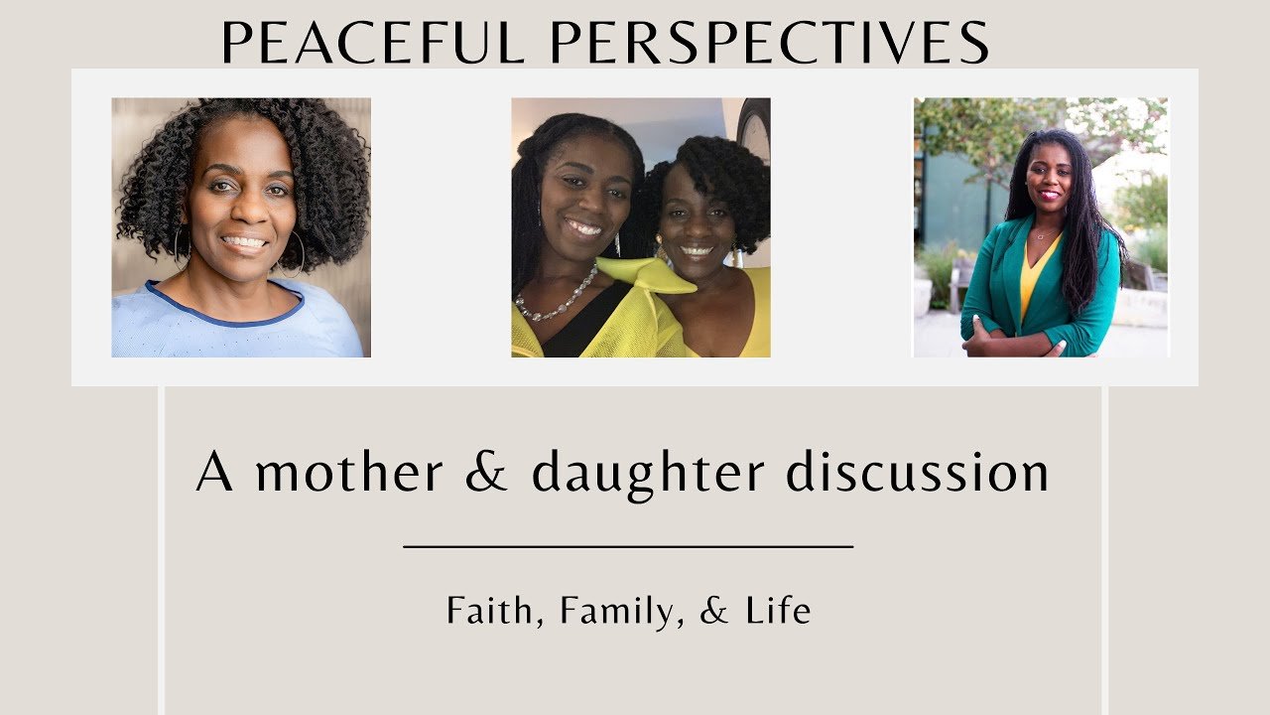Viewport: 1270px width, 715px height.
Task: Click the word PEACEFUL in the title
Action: [372, 42]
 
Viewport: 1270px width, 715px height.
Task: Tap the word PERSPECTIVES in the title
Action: [770, 42]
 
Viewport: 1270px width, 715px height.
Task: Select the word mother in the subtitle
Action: [348, 471]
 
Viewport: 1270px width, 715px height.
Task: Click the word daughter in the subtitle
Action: [648, 476]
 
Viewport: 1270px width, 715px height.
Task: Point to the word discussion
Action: [918, 471]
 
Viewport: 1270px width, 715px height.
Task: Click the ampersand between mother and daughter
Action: [486, 472]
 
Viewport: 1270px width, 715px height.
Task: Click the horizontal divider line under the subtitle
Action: [628, 547]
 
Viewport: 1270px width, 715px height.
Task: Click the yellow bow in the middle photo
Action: [646, 275]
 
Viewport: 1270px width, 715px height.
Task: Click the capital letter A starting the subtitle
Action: [214, 471]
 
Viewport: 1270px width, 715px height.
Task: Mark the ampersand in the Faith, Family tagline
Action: [713, 610]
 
